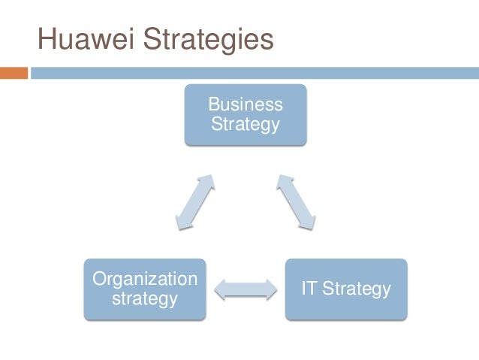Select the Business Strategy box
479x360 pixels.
246,113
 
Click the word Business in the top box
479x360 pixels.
246,104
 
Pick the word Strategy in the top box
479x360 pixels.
246,123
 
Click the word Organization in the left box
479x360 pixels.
145,280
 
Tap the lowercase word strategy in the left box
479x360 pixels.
145,299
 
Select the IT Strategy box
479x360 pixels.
346,289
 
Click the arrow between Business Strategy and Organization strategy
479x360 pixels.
194,202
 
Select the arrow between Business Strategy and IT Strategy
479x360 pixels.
296,201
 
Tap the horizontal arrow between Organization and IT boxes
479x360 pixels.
246,289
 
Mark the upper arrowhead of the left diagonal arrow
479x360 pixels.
208,183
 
